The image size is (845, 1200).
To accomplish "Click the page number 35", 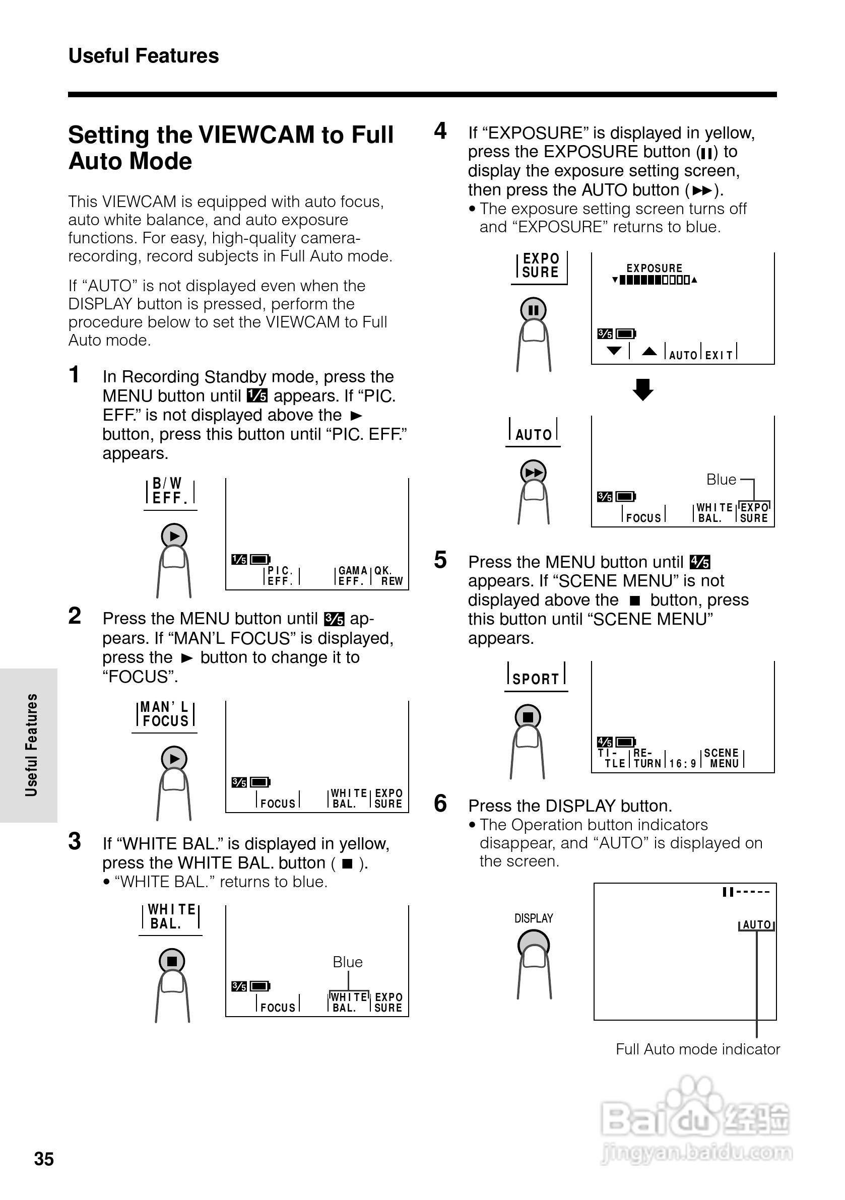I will point(44,1159).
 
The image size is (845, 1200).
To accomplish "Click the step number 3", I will point(75,841).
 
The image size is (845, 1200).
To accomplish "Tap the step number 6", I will point(440,804).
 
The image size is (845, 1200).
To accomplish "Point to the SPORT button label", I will point(536,679).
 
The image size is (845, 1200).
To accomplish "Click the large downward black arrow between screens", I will point(643,389).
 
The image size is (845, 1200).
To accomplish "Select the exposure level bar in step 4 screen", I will point(655,280).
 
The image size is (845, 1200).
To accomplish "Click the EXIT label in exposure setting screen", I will point(719,355).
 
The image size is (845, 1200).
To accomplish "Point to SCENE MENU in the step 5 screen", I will point(722,758).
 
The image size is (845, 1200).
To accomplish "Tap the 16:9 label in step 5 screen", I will point(682,764).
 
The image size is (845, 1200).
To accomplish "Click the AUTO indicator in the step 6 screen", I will point(756,924).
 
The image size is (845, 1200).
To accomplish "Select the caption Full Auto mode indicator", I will point(697,1049).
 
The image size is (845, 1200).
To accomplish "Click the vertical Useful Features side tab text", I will point(31,744).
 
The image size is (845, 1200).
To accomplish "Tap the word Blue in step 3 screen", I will point(348,962).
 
